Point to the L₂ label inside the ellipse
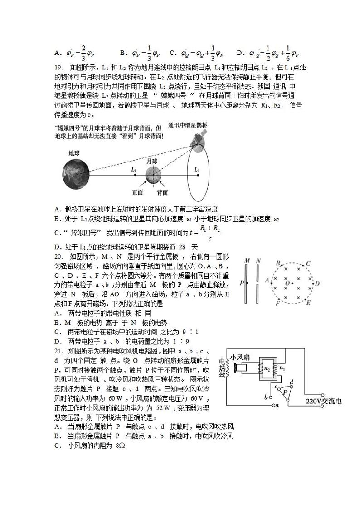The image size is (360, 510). tap(197, 170)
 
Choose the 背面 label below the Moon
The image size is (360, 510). tap(162, 192)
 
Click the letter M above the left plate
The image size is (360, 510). tap(247, 261)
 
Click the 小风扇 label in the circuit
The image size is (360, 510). tap(240, 357)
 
